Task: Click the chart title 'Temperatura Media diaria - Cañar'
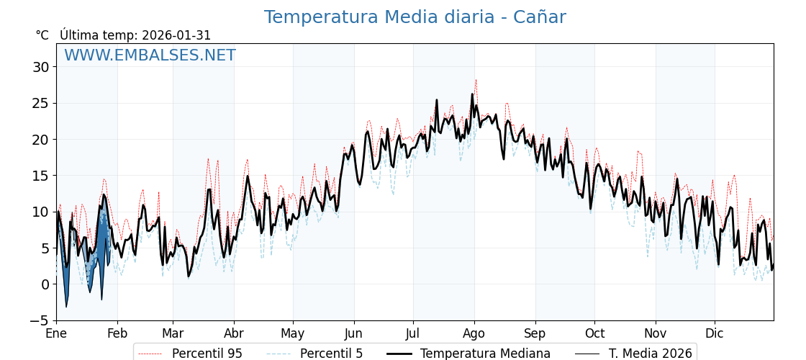[415, 17]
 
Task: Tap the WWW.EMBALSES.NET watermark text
[150, 55]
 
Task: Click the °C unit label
[42, 35]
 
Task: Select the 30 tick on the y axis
[40, 67]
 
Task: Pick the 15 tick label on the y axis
[40, 176]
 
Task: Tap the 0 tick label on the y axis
[45, 284]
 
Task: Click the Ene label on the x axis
[56, 334]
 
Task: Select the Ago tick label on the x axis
[474, 334]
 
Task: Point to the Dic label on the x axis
[715, 334]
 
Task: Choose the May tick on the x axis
[293, 334]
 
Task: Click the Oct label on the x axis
[594, 334]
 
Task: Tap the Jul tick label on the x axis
[413, 334]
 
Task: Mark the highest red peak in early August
[476, 80]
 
